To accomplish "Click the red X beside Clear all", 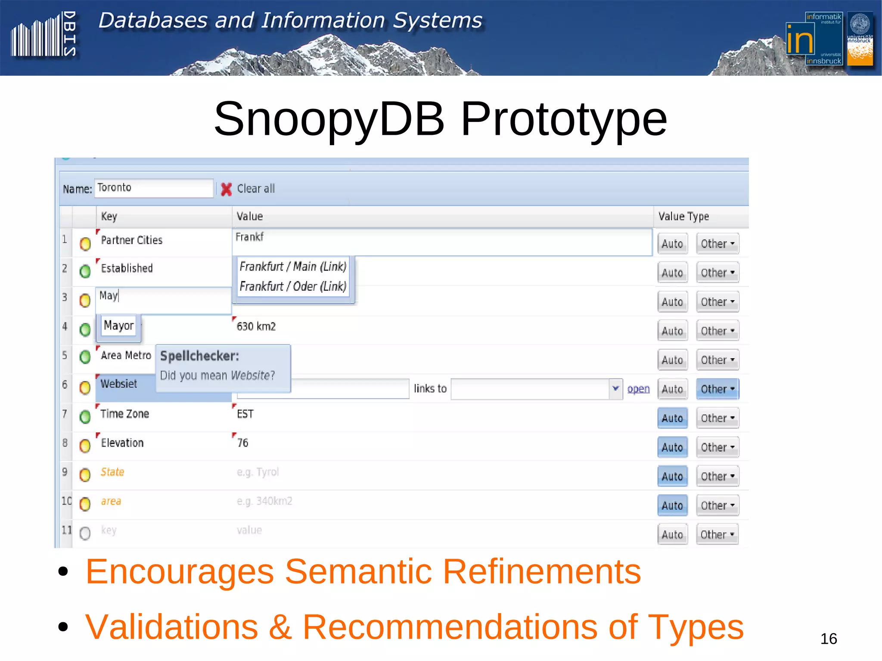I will (x=226, y=189).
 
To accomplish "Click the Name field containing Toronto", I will (x=153, y=188).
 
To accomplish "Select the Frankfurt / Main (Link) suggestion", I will (x=293, y=267).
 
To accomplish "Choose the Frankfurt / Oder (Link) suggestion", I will (x=293, y=286).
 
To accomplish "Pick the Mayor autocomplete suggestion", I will (x=119, y=326).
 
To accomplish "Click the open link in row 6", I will (x=638, y=389).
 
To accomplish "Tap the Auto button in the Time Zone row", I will (x=672, y=418).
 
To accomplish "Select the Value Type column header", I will (x=683, y=216).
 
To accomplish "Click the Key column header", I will (x=109, y=216).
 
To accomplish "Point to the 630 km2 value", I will (x=256, y=326).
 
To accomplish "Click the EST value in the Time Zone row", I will (x=245, y=414).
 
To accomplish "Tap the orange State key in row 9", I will (x=112, y=472).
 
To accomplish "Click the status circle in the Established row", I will (x=85, y=271).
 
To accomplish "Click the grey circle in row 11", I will (x=85, y=534).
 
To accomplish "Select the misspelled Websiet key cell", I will (x=119, y=384).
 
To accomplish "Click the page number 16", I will (x=829, y=639).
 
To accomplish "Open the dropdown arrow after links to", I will (x=616, y=389).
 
